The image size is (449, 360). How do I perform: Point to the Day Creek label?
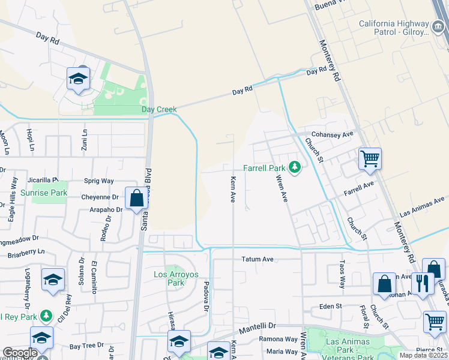(x=159, y=109)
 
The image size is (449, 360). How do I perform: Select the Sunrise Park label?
(x=43, y=193)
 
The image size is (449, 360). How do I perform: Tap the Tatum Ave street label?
(x=257, y=259)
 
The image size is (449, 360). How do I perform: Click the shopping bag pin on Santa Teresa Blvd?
(x=136, y=197)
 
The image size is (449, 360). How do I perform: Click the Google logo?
(x=20, y=353)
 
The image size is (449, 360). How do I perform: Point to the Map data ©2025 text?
(x=423, y=355)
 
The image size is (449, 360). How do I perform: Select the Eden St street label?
(x=330, y=306)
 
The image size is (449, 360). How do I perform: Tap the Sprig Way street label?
(x=98, y=181)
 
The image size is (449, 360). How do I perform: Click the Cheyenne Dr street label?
(x=100, y=197)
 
